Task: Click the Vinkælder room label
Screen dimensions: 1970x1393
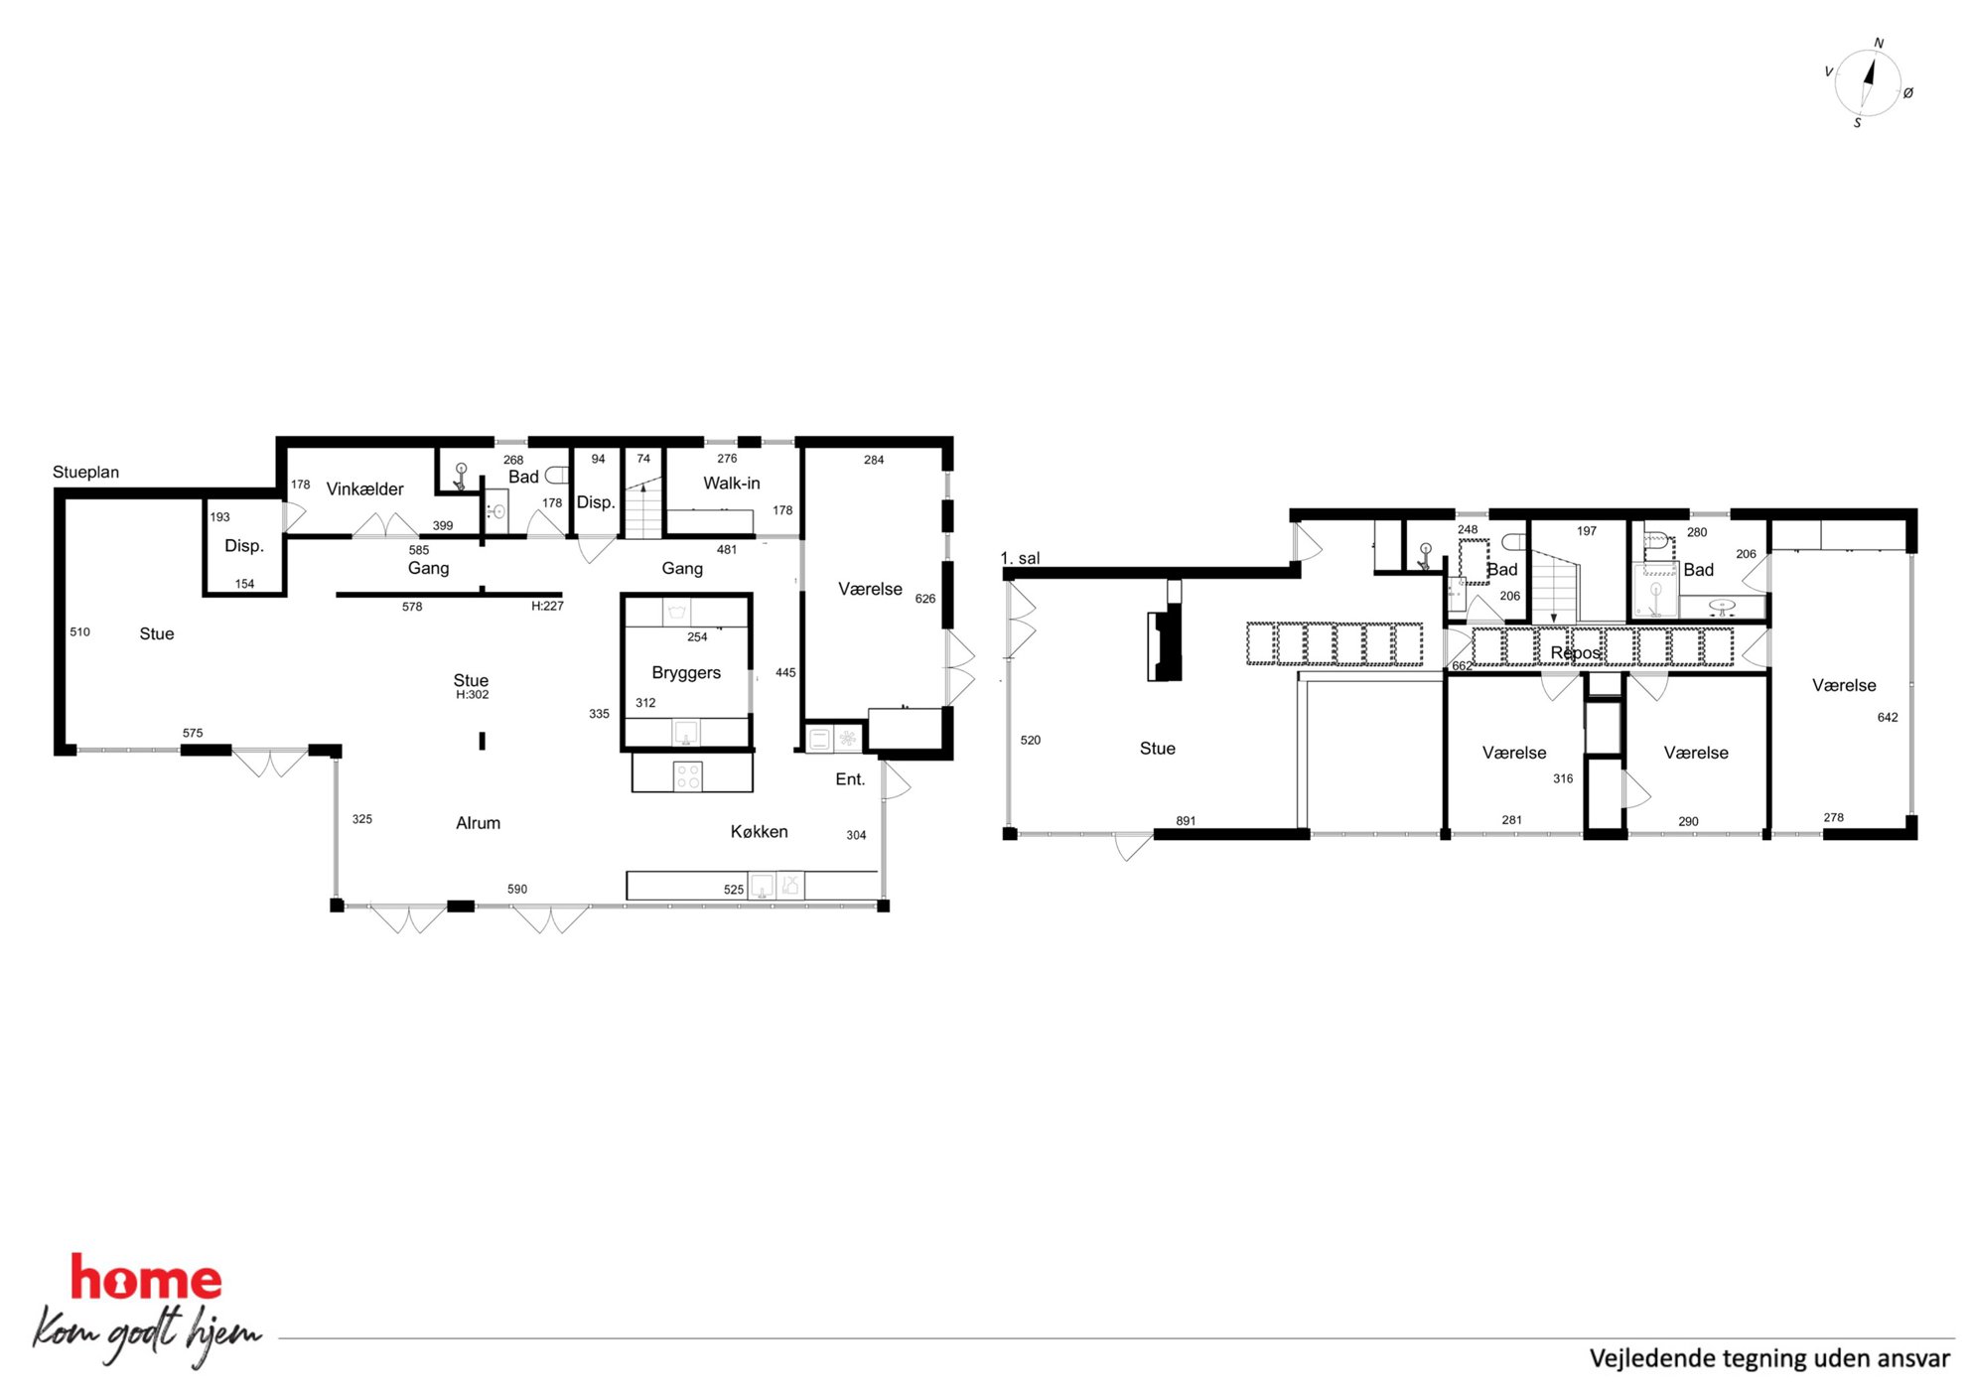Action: [x=364, y=488]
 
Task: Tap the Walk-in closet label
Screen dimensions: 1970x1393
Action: [x=732, y=483]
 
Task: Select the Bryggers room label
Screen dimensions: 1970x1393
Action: [x=686, y=673]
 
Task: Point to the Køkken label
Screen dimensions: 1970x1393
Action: [x=760, y=831]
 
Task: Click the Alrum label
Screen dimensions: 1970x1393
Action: [x=478, y=823]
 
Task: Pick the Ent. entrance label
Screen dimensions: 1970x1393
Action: [x=850, y=779]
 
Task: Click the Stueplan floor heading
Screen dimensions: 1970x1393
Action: [x=85, y=473]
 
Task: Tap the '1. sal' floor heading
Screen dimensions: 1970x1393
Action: [x=1021, y=558]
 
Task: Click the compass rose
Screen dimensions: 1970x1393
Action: [x=1868, y=83]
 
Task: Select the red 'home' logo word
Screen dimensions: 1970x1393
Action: [x=146, y=1278]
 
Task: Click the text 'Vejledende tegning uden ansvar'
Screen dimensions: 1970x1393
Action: [x=1769, y=1357]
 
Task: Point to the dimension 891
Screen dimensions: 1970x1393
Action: [x=1186, y=821]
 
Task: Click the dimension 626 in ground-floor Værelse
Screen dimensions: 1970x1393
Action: [x=925, y=599]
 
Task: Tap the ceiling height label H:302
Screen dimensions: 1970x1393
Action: [x=473, y=695]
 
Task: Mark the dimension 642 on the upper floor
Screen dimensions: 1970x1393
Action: [x=1888, y=717]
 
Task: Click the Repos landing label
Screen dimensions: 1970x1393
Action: [x=1576, y=652]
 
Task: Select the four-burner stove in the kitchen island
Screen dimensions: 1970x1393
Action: [x=688, y=775]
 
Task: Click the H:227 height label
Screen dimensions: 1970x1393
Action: [x=547, y=606]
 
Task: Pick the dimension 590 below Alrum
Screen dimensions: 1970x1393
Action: [x=517, y=889]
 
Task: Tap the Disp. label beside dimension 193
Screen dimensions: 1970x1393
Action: [x=244, y=546]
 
